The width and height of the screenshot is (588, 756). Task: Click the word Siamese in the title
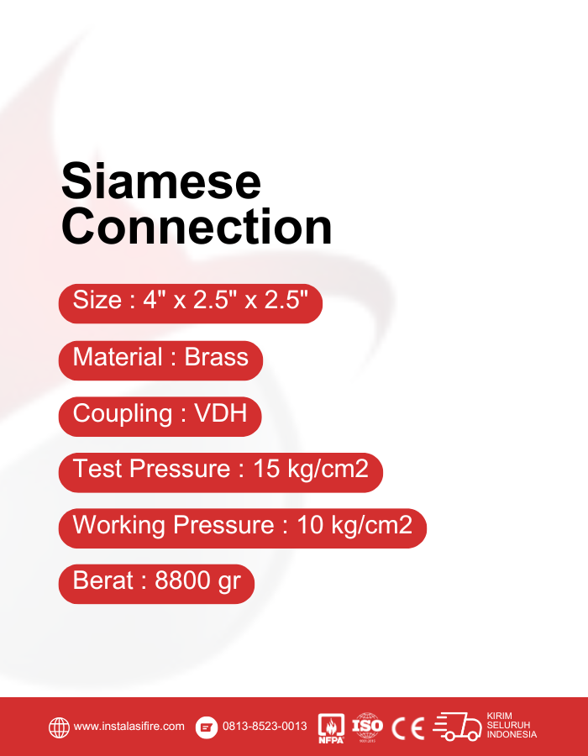point(161,181)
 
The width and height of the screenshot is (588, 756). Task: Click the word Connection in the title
point(197,227)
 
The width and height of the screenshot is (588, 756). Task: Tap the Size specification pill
point(190,301)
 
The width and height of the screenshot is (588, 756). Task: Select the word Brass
point(217,358)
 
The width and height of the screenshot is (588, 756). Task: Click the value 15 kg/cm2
point(311,470)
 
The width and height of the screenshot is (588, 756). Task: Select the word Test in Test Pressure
point(96,470)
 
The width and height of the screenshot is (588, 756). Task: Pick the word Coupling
point(123,415)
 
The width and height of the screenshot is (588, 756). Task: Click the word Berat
point(103,581)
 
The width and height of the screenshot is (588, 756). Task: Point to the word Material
point(117,358)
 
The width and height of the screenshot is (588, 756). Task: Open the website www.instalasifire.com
point(129,727)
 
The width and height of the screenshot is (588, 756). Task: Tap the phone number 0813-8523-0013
point(265,727)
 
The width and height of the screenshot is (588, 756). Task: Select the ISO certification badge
point(367,727)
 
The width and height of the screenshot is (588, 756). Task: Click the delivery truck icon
point(458,727)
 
